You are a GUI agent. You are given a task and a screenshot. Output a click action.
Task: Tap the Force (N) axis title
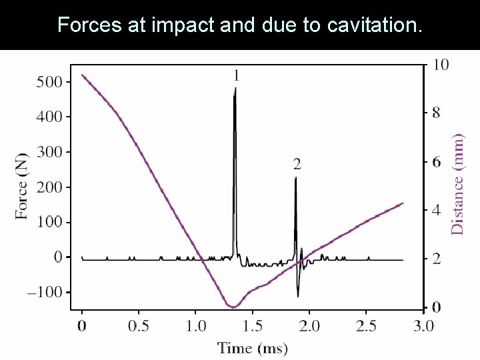click(22, 187)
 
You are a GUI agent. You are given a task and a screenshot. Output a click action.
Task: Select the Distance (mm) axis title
click(457, 184)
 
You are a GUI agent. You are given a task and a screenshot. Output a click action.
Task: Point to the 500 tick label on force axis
click(48, 81)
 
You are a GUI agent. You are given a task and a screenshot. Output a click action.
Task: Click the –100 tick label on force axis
click(44, 292)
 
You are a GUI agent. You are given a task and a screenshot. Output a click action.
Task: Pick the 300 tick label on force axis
click(48, 152)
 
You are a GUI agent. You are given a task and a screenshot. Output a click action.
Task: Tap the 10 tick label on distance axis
click(441, 65)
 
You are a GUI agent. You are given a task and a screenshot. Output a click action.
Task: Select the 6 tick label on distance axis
click(437, 162)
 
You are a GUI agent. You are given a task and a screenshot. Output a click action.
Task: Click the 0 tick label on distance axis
click(437, 307)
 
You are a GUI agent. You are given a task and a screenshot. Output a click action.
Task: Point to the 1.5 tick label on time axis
click(252, 326)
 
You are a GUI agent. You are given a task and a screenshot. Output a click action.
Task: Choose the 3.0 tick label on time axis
click(423, 326)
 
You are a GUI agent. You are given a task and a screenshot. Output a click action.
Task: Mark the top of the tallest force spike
click(235, 89)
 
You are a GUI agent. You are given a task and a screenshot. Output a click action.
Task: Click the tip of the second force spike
click(295, 178)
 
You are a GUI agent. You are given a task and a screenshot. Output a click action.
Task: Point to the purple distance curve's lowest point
click(232, 307)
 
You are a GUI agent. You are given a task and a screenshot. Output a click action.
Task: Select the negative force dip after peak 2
click(298, 295)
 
